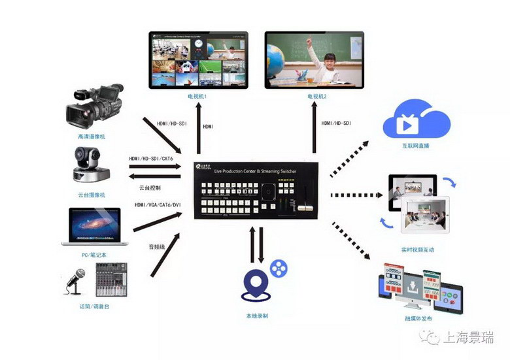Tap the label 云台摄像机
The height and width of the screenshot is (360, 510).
click(91, 195)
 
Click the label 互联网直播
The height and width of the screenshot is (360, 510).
click(416, 146)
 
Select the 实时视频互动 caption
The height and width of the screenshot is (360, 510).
click(418, 250)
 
